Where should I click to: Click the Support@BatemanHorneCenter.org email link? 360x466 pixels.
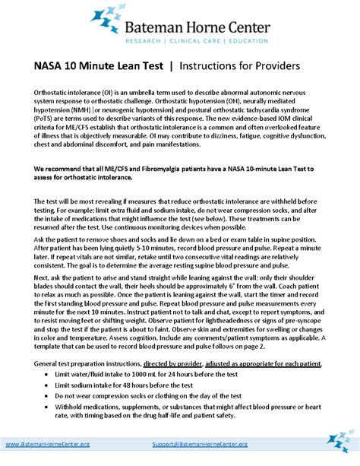pyautogui.click(x=196, y=442)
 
